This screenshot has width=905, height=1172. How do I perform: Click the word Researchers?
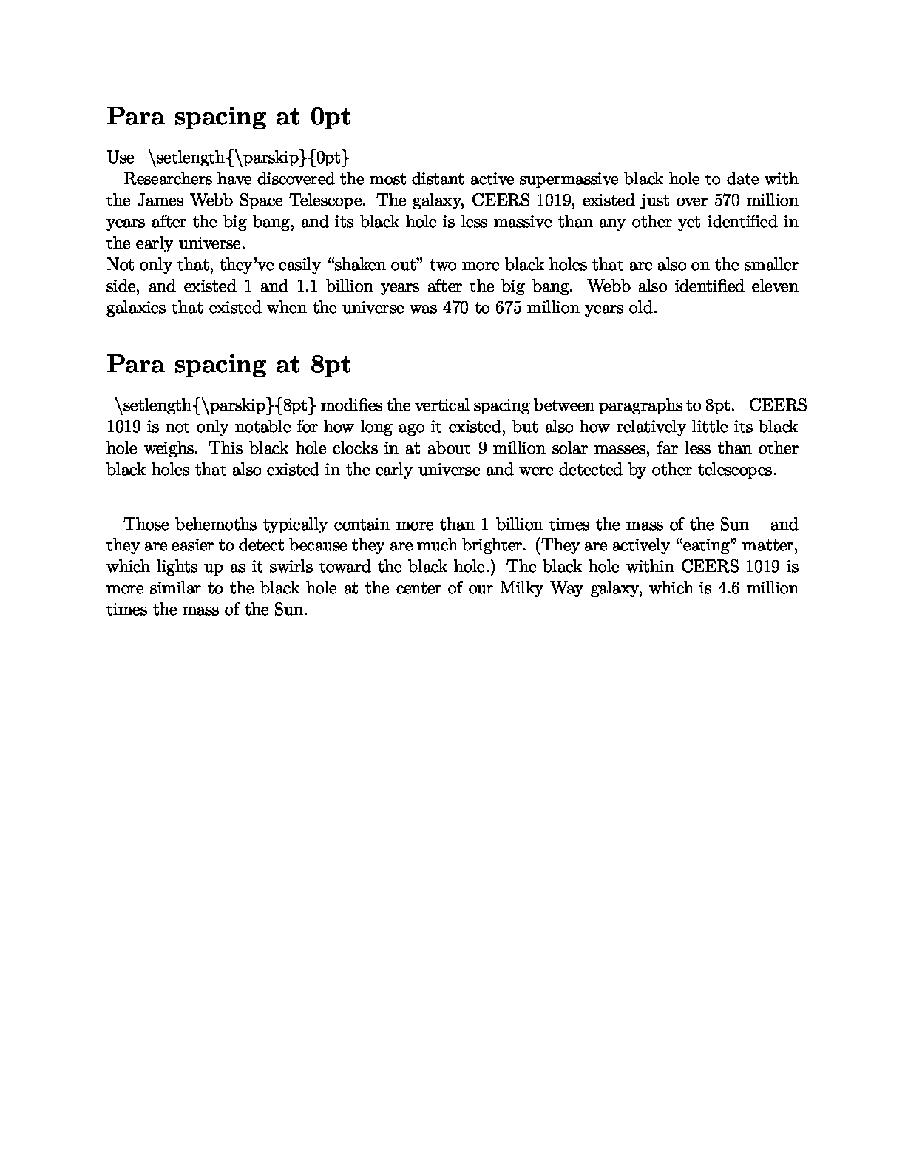pyautogui.click(x=168, y=179)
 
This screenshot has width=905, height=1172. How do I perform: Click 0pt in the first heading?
pyautogui.click(x=331, y=116)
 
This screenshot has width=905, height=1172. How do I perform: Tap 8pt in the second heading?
pyautogui.click(x=331, y=364)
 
